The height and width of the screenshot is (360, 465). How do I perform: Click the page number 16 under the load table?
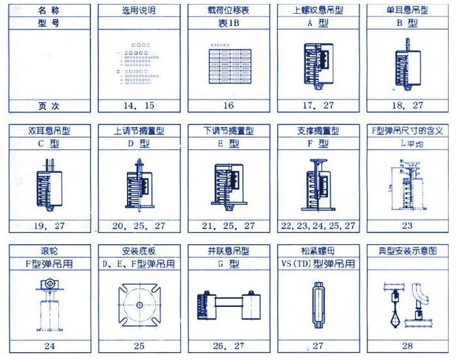pos(229,105)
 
